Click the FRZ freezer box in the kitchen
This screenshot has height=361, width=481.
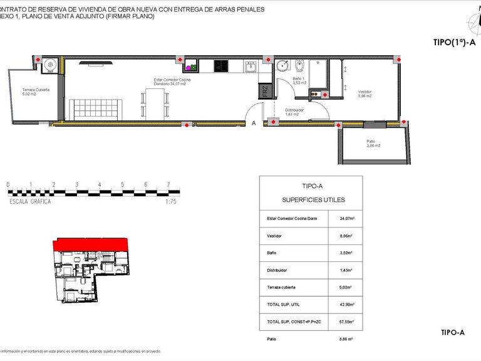click(264, 91)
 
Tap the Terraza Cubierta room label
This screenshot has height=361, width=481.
click(36, 92)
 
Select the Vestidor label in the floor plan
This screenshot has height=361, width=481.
click(365, 93)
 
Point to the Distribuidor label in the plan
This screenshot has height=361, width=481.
click(294, 112)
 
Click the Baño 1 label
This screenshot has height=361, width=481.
click(299, 80)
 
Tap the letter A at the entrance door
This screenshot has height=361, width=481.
click(254, 123)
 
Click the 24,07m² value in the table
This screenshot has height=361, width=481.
click(347, 219)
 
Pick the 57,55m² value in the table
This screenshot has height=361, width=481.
click(347, 322)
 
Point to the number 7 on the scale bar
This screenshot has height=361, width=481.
click(168, 185)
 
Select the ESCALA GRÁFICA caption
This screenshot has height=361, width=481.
click(31, 202)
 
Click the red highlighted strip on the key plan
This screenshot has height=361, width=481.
click(91, 244)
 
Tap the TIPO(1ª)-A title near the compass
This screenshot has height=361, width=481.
click(454, 43)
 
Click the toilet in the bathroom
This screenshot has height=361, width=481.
click(299, 66)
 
